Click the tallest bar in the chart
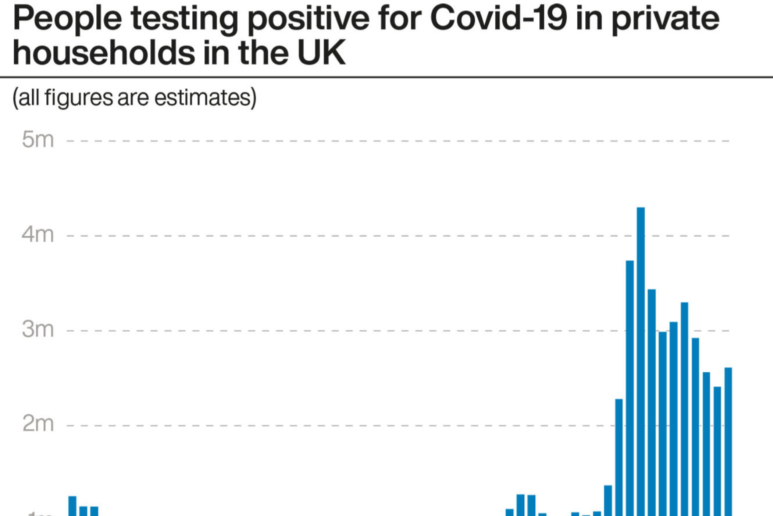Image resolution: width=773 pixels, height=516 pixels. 641,360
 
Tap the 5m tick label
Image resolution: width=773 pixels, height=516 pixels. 37,139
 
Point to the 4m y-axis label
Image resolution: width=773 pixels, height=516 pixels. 37,234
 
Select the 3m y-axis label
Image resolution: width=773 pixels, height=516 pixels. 37,329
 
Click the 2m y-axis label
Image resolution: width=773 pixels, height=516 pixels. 37,423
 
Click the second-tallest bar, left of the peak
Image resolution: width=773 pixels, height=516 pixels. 630,387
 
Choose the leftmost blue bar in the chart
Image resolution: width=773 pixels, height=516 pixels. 72,505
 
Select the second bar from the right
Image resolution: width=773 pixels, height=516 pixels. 717,450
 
